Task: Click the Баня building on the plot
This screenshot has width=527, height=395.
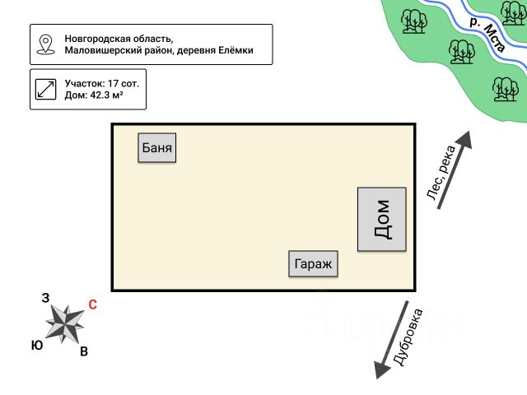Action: pos(157,148)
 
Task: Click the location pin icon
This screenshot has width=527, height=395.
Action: pos(46,44)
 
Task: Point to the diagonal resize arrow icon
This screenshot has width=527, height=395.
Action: pos(46,90)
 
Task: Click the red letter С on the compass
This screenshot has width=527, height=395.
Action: pos(92,304)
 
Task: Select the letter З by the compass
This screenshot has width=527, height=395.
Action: pos(45,298)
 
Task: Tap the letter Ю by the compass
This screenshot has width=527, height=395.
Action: pos(37,346)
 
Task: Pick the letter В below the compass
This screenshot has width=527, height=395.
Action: pos(84,352)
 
